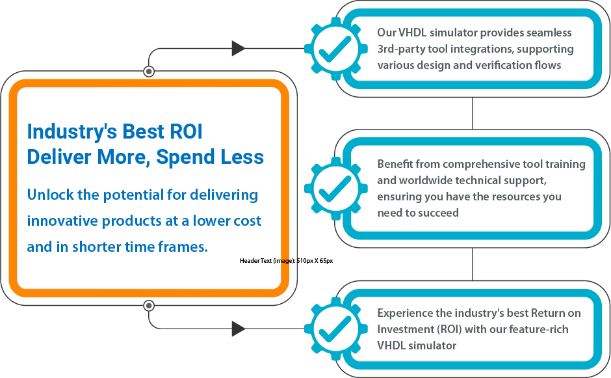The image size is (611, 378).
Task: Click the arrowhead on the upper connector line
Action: pos(239,48)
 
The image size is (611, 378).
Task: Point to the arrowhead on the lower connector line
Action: pos(239,329)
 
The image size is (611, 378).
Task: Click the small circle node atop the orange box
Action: pos(149,71)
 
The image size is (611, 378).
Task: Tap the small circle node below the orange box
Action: pos(149,305)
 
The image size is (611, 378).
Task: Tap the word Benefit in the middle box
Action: pos(395,164)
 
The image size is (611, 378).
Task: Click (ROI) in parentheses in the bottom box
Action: pos(448,329)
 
